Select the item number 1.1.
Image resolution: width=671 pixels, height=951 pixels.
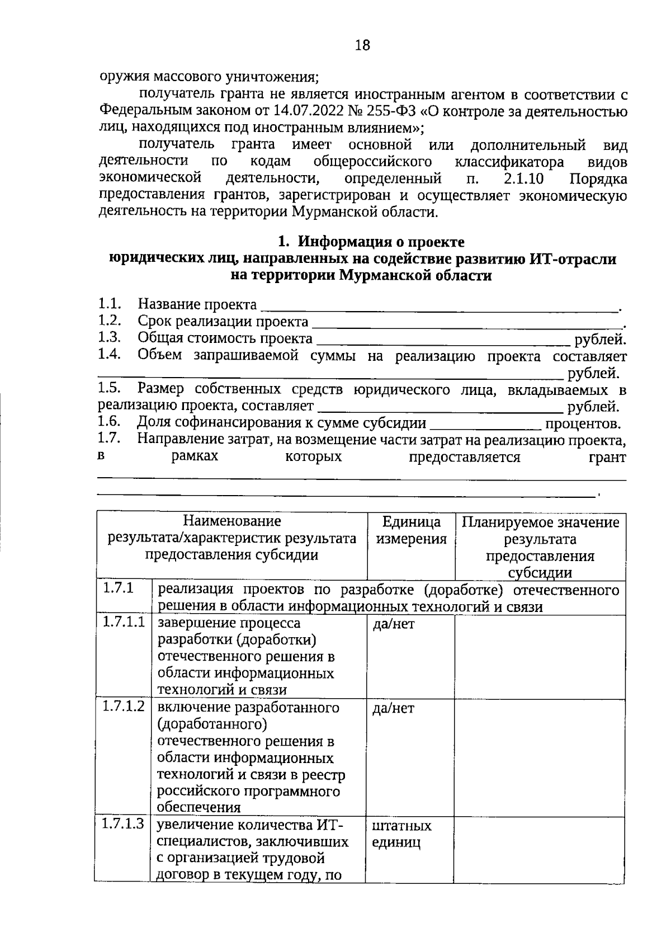click(110, 304)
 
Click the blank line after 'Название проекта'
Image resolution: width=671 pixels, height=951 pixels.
click(439, 307)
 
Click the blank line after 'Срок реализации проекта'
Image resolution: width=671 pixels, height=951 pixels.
click(467, 323)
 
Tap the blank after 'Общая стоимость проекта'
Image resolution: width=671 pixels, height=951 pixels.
click(442, 341)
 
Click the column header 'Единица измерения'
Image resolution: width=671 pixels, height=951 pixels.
click(411, 530)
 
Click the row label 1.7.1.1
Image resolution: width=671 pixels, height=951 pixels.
click(124, 622)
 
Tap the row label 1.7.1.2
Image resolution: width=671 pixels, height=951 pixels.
click(124, 707)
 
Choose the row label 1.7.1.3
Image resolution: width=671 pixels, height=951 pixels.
click(124, 824)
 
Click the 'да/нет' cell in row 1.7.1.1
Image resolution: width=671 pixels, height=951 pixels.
click(394, 624)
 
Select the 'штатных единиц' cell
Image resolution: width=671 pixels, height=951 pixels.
click(401, 834)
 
